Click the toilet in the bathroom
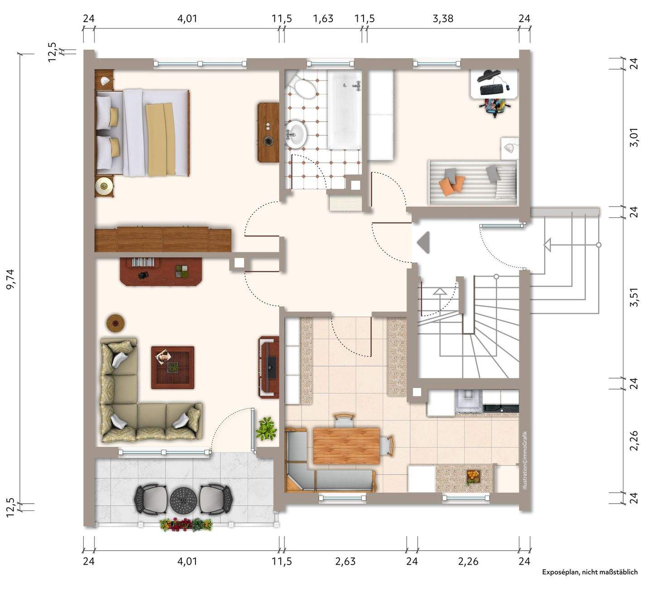[304, 88]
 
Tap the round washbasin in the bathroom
[295, 133]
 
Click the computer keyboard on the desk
[492, 89]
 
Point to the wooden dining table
[346, 446]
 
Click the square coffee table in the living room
[173, 367]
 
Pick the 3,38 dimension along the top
[443, 19]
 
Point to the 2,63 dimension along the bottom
[345, 561]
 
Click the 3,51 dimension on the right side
[634, 297]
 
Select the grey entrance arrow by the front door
[423, 243]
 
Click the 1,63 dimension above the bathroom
[323, 19]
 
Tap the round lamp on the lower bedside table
[104, 186]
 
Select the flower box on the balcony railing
[186, 524]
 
